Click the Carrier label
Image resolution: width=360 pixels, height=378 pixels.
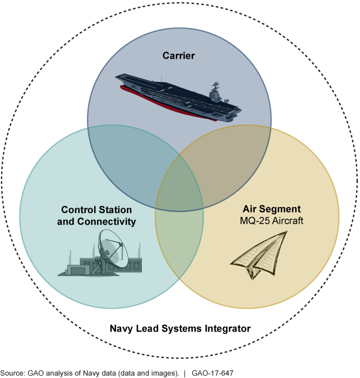coord(179,55)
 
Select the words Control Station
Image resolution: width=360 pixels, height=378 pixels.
coord(96,210)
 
